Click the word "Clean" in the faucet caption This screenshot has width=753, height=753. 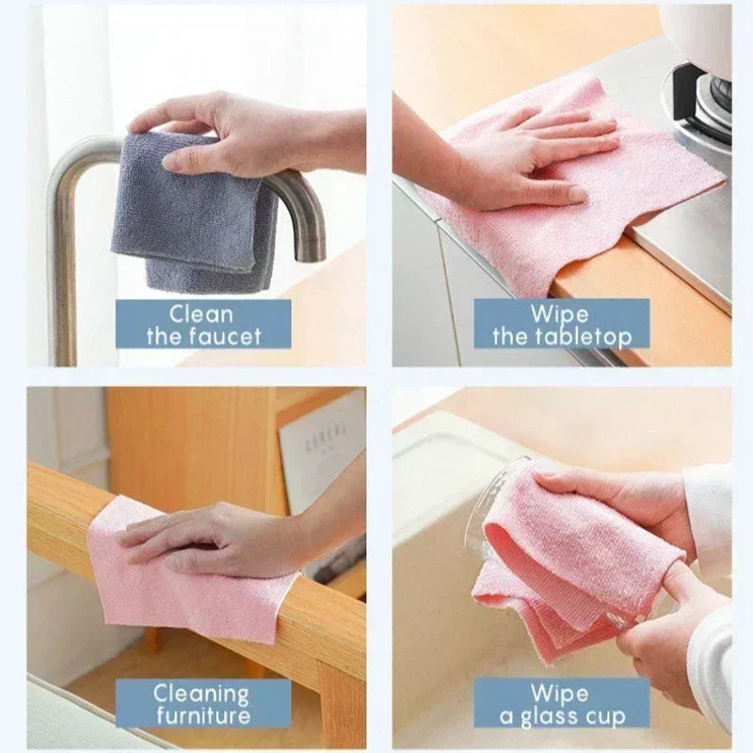tap(202, 313)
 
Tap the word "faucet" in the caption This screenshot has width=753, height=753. tap(227, 336)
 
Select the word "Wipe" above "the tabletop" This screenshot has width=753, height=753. tap(559, 313)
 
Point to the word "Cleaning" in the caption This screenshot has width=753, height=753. tap(201, 694)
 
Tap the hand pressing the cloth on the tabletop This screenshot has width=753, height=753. tap(537, 155)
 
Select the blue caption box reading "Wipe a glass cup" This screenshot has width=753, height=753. tap(561, 703)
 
